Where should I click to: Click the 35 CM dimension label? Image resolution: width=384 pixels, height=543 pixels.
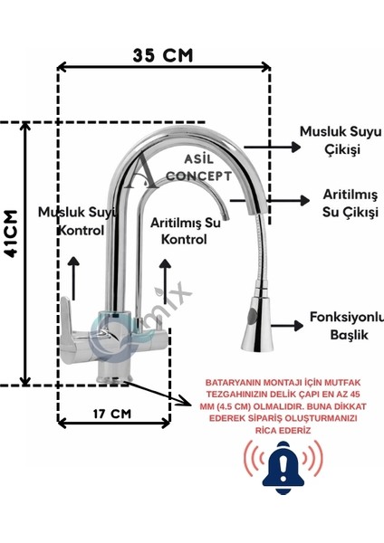coord(162,56)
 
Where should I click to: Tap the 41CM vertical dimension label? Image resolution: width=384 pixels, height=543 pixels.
coord(11,233)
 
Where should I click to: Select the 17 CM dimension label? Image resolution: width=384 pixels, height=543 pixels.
coord(112,414)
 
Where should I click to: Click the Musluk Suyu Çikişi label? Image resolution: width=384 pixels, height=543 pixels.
coord(341,140)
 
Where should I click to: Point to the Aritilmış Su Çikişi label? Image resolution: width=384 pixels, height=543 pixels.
coord(350,203)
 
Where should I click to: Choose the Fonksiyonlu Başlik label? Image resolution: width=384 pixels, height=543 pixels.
coord(347,326)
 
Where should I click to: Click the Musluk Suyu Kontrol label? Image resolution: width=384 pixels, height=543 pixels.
coord(78,221)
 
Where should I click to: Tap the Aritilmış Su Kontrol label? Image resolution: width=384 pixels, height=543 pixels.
coord(186,231)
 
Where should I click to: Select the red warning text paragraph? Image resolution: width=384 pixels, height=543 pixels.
coord(283,406)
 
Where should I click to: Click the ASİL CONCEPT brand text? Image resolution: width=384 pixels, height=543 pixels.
coord(198,168)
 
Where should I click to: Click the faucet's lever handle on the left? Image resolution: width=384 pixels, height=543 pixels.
coord(69,324)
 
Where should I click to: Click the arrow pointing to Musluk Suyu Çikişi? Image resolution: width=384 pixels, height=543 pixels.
coord(273,148)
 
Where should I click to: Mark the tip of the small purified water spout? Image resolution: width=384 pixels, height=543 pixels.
coord(226,217)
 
